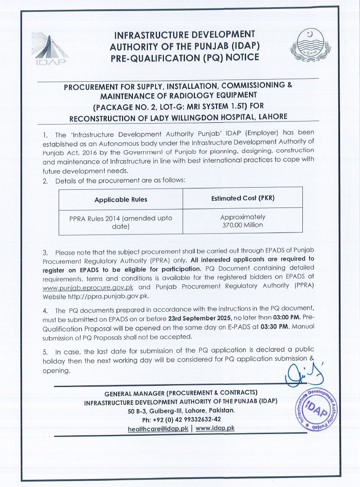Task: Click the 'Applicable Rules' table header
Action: click(x=121, y=199)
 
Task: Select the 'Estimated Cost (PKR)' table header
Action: click(x=243, y=198)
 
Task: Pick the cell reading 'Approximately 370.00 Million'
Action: click(x=243, y=221)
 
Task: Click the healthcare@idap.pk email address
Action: click(x=158, y=429)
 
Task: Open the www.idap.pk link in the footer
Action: click(x=215, y=428)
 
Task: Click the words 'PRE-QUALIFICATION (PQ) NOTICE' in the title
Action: click(x=185, y=57)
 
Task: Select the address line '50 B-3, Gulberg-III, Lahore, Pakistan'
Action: click(x=181, y=410)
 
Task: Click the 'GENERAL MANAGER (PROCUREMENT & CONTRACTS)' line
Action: click(x=181, y=392)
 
